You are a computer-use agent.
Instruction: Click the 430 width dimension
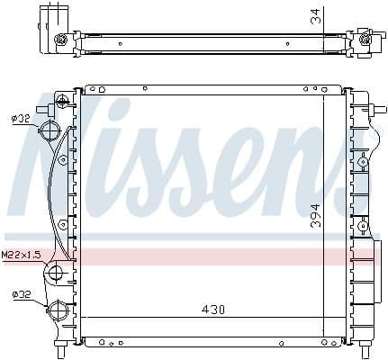coord(212,310)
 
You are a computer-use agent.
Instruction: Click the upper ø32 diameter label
coord(21,117)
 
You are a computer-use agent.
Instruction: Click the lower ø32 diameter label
coord(21,293)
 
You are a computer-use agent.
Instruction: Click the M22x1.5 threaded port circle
coord(55,273)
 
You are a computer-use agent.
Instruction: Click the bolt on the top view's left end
coord(61,40)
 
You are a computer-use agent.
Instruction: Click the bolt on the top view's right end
coord(365,37)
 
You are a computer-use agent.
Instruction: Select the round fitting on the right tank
coord(362,162)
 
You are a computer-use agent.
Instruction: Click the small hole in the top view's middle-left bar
coord(120,41)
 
